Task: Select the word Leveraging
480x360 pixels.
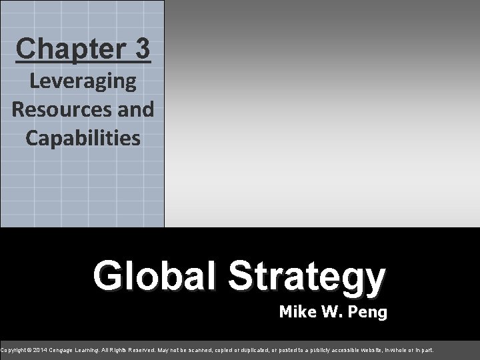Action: pos(83,83)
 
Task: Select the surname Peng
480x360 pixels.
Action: pos(366,311)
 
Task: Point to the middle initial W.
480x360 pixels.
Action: pos(329,311)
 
